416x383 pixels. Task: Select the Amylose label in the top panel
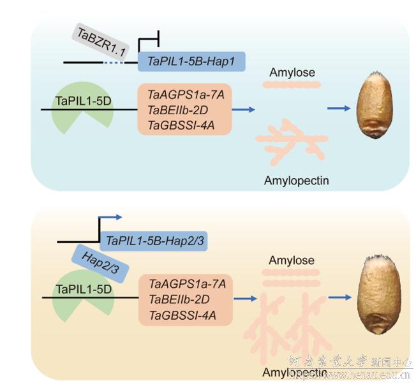(292, 73)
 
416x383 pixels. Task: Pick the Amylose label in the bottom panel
(292, 260)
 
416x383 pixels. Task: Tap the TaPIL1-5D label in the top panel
(82, 101)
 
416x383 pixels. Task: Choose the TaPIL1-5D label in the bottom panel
(83, 289)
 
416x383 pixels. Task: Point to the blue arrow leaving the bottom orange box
(246, 298)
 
